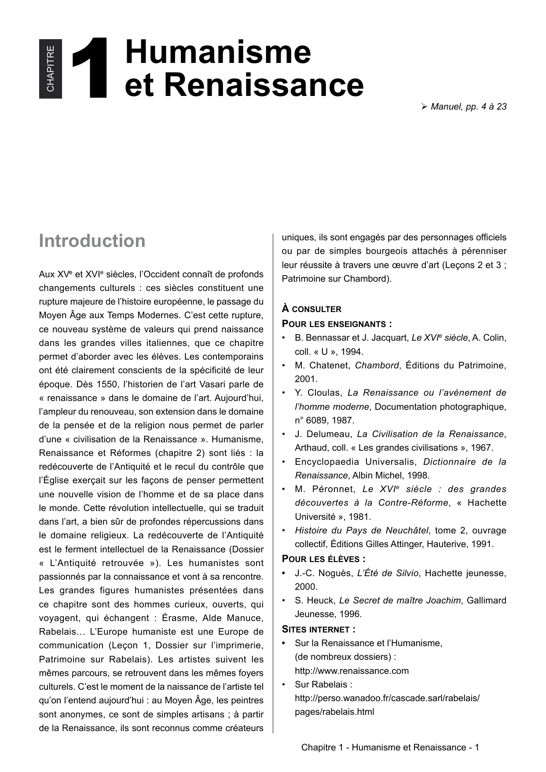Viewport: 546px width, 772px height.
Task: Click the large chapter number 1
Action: coord(90,68)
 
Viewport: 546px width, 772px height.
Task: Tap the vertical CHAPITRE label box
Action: coord(51,68)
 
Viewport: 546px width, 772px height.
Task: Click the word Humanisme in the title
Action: coord(218,52)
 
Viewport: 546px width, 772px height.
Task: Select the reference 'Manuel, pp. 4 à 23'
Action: coord(468,107)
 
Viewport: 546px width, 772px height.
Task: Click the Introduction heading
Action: coord(92,241)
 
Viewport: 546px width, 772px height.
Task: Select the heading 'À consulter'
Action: coord(311,309)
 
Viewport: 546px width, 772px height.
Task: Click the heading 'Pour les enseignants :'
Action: coord(337,324)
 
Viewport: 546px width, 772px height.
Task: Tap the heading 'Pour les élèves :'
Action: coord(323,559)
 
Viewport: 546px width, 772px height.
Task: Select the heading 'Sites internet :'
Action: coord(319,629)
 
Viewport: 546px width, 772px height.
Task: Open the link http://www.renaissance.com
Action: coord(352,671)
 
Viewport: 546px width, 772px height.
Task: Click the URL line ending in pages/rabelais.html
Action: coord(334,712)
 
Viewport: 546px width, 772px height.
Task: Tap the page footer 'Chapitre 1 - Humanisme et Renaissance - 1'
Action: coord(390,747)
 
